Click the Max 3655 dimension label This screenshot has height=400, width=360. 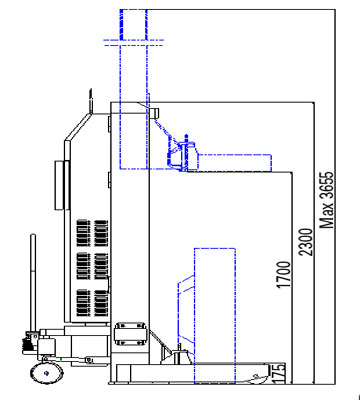point(327,200)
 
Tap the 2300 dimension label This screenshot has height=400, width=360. point(306,242)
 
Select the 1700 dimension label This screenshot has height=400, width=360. point(283,275)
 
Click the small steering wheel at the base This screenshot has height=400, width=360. point(47,373)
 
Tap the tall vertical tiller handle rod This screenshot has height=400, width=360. point(33,283)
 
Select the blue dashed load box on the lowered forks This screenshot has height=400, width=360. point(215,316)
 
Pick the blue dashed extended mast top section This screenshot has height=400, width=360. point(133,89)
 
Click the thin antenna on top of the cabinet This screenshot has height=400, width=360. point(90,101)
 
